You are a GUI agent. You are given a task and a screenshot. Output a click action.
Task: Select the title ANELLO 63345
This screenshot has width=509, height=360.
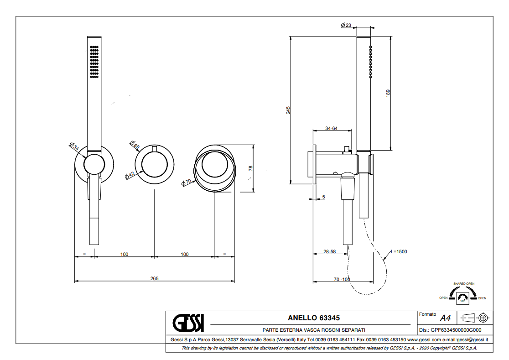(x=314, y=318)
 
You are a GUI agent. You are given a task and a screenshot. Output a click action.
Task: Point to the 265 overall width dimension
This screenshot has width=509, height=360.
(x=154, y=278)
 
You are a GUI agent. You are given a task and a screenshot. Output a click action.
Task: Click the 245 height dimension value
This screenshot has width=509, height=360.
(x=288, y=110)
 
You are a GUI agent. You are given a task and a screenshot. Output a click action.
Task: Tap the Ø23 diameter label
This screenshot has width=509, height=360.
(x=346, y=26)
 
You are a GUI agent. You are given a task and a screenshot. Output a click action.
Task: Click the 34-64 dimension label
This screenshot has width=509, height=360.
(x=331, y=128)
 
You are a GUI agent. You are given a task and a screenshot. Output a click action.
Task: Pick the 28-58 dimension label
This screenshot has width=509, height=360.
(x=329, y=251)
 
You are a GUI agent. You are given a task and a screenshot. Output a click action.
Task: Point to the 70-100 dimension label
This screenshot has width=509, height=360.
(x=342, y=279)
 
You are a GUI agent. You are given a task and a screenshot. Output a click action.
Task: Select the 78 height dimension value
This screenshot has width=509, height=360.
(x=250, y=168)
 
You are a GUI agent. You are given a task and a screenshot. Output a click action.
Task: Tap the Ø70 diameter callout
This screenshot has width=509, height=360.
(x=187, y=182)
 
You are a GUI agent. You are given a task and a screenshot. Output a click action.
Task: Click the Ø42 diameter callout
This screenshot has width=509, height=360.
(x=129, y=174)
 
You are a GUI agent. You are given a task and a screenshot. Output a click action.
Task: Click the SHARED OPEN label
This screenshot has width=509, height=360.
(x=463, y=283)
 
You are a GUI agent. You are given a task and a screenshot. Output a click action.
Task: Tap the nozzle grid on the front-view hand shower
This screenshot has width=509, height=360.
(x=94, y=62)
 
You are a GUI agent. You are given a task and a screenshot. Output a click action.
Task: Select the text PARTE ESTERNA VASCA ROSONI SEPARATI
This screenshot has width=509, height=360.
(x=314, y=330)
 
